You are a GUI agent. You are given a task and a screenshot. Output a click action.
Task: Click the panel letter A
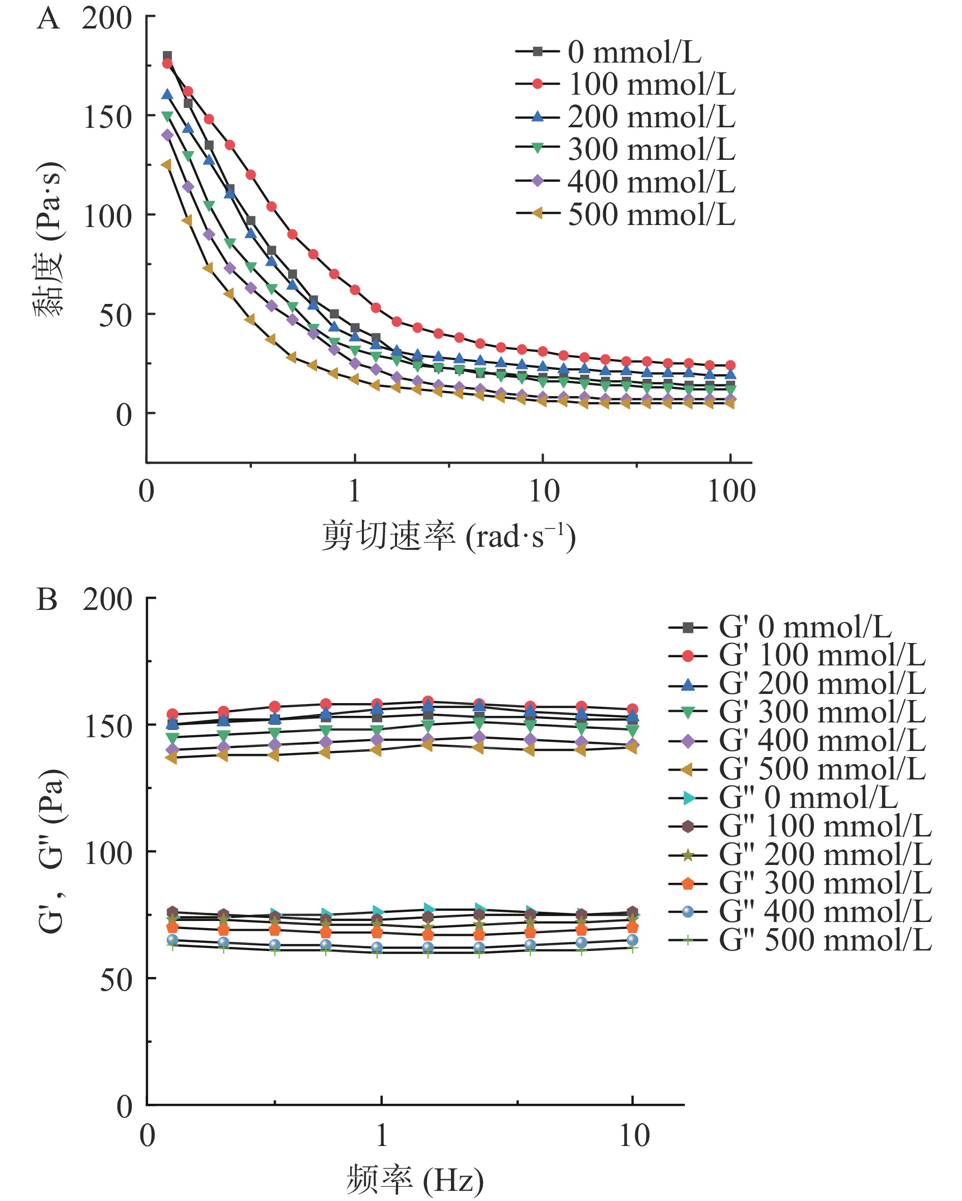point(48,19)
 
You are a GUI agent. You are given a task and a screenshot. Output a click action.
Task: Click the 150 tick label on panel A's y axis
point(107,118)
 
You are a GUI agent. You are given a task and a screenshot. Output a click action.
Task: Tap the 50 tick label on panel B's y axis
point(116,980)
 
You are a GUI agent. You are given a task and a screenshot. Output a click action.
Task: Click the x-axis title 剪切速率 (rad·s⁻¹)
point(448,537)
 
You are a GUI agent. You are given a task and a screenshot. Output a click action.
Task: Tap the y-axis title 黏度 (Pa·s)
point(48,239)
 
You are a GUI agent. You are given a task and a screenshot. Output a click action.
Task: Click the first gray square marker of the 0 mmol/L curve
point(167,55)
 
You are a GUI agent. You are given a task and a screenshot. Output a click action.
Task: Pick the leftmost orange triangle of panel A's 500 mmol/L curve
point(166,164)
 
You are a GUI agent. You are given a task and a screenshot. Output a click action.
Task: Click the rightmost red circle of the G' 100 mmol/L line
point(632,709)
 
